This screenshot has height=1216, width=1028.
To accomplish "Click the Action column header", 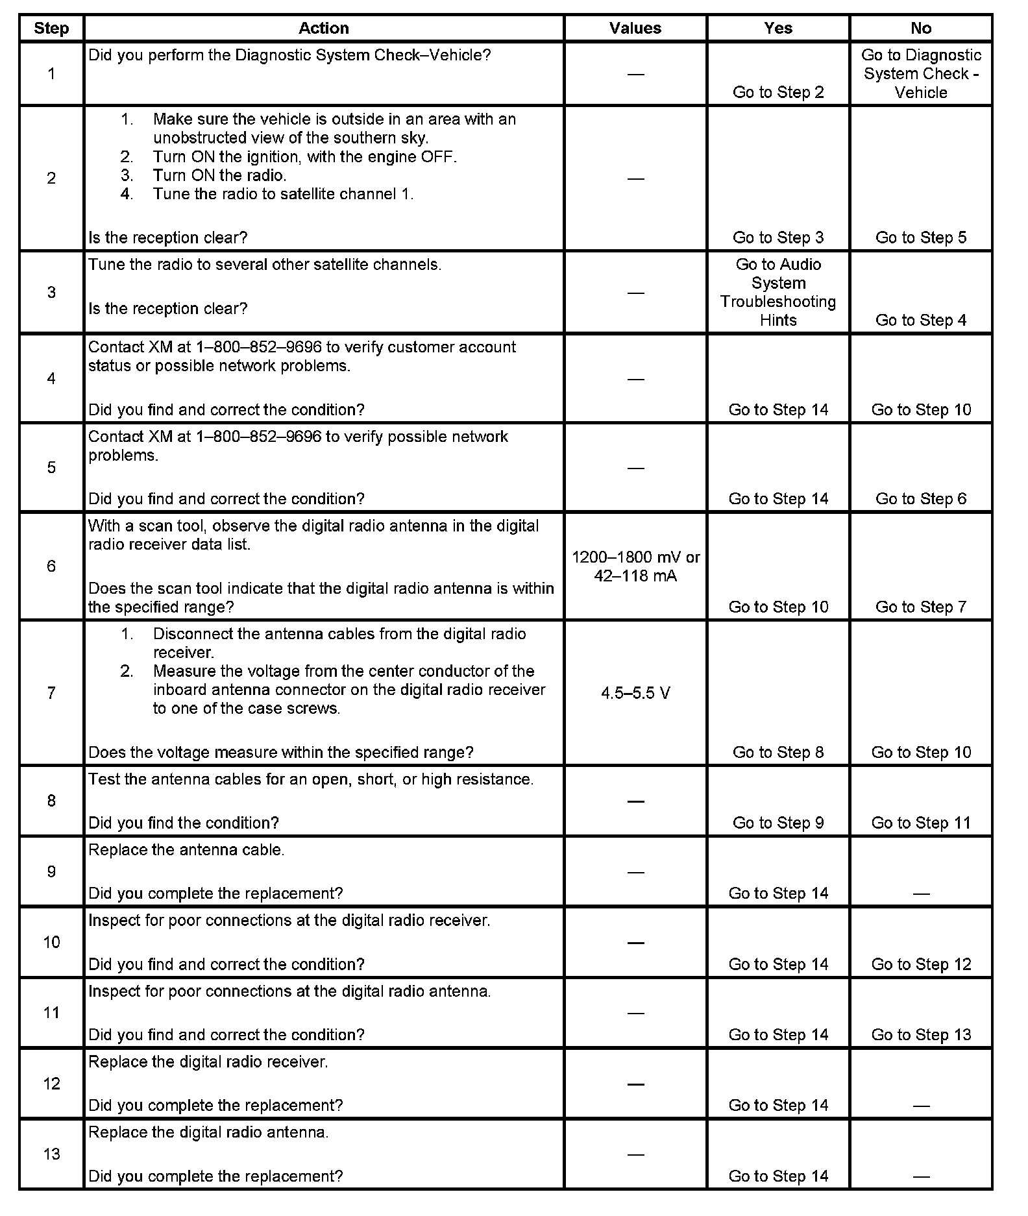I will click(x=323, y=28).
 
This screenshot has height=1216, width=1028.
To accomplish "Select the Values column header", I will click(x=635, y=28).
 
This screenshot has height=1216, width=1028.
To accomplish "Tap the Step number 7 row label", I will click(x=51, y=693).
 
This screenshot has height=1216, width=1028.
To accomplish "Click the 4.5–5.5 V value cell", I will click(x=635, y=693).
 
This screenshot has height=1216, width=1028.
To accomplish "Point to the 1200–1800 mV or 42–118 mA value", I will click(x=635, y=566).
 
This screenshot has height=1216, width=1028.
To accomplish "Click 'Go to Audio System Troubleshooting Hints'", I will click(x=777, y=292).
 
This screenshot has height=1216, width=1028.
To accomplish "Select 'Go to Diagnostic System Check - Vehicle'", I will click(x=920, y=73).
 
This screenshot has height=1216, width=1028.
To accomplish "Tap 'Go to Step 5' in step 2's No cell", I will click(x=920, y=237).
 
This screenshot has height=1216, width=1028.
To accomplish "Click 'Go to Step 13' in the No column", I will click(x=920, y=1034).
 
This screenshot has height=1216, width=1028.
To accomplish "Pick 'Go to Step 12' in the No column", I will click(x=920, y=964).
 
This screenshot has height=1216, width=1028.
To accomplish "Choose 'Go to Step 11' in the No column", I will click(x=920, y=823).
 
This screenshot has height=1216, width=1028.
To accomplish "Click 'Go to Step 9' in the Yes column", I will click(x=777, y=823).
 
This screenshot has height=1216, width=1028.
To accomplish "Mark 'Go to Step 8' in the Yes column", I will click(x=777, y=752).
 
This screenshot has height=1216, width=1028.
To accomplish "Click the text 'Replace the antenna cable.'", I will click(x=186, y=849).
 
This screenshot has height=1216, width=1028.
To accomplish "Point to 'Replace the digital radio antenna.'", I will click(x=208, y=1132).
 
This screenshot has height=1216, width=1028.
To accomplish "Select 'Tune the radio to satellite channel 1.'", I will click(x=283, y=193).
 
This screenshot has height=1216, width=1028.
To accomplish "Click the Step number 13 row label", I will click(x=51, y=1154).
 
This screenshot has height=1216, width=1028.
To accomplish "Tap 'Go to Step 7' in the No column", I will click(x=920, y=607).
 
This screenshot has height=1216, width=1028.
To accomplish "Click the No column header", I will click(x=920, y=28).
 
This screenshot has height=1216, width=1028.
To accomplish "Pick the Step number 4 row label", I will click(x=51, y=378).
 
